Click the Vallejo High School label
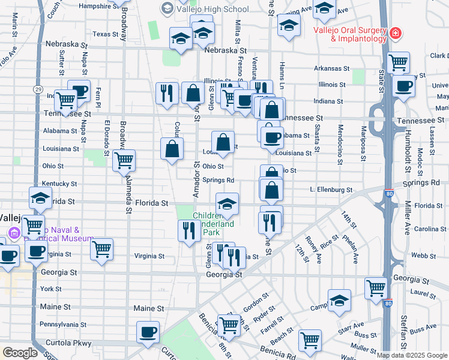pos(212,9)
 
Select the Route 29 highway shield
pos(38,89)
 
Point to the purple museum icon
pos(14,232)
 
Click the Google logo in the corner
pos(20,353)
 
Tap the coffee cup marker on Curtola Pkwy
pos(148,332)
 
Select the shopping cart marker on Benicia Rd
pos(310,340)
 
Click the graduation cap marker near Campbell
pos(339,300)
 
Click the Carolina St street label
pos(430,229)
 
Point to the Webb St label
pos(423,255)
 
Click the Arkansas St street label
pos(334,68)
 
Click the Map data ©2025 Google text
pos(412,355)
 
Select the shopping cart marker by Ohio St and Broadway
pos(124,161)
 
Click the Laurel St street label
pos(423,293)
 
